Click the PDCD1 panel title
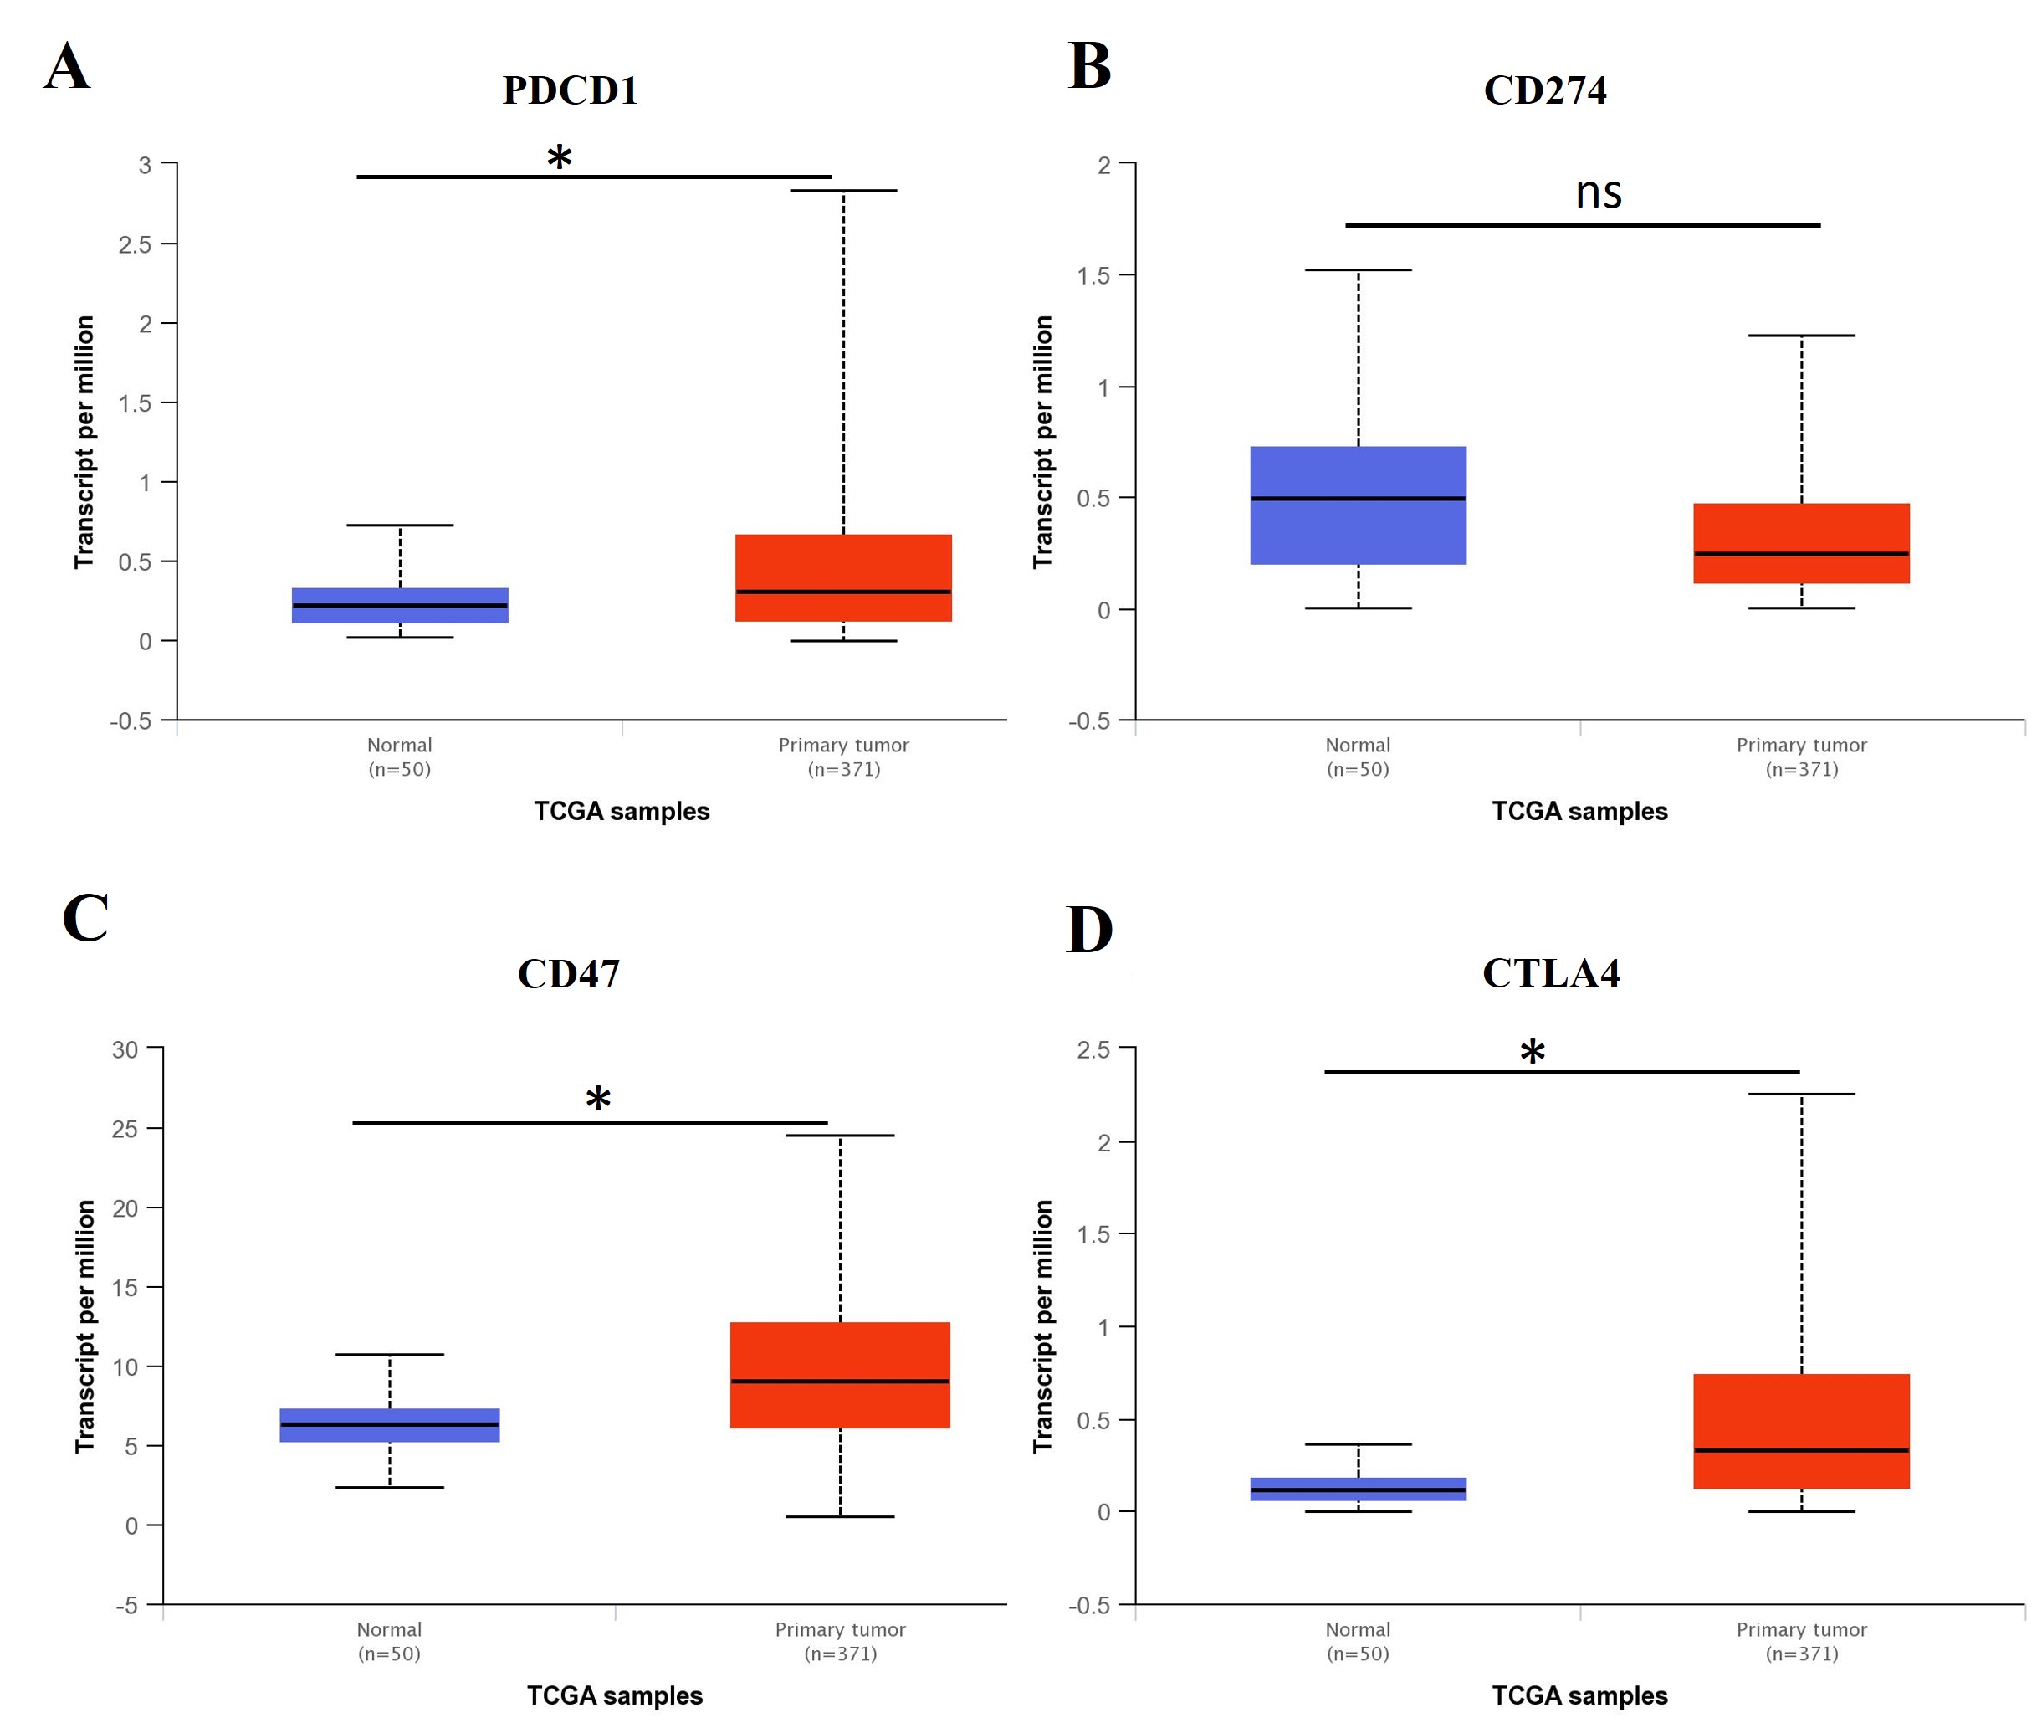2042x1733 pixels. [570, 90]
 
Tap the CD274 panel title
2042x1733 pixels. [1544, 90]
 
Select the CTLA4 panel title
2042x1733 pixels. [1550, 972]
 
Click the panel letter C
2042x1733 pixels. [85, 918]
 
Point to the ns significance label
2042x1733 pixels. [1598, 192]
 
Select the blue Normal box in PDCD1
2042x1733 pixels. [400, 605]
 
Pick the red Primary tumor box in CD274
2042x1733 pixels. [1800, 543]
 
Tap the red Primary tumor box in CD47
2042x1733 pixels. [840, 1374]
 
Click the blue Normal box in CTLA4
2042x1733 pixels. [1358, 1489]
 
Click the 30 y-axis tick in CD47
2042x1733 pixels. [125, 1049]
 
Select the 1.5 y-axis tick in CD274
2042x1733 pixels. [1093, 275]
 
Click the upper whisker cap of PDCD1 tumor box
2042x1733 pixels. [842, 191]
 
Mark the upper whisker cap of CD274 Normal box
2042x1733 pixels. [1358, 269]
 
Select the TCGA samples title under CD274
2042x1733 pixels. [1579, 811]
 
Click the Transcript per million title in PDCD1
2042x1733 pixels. [84, 441]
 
